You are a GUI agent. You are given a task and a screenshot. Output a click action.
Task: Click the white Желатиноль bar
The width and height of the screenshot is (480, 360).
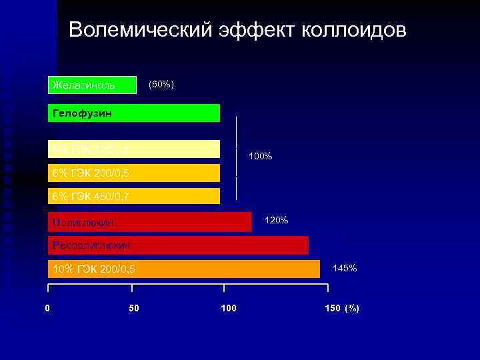[x=91, y=85]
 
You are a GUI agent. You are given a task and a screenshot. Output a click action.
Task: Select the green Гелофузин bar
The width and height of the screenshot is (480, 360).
[x=134, y=113]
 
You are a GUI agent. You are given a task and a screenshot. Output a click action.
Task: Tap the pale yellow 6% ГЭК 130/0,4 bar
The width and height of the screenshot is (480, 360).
[x=134, y=149]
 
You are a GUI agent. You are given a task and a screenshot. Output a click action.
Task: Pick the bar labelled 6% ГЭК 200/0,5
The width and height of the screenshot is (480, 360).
[x=134, y=173]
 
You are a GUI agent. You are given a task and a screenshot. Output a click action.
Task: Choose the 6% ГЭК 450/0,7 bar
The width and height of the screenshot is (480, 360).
[x=134, y=196]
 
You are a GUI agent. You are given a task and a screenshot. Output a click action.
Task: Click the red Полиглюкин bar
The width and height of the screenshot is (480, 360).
[x=150, y=221]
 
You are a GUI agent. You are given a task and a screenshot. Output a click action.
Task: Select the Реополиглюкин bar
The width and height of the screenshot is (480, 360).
[x=179, y=245]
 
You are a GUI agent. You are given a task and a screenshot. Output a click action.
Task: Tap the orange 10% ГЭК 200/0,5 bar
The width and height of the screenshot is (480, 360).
[x=184, y=269]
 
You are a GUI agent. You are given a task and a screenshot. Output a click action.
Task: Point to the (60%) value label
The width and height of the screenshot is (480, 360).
[x=161, y=85]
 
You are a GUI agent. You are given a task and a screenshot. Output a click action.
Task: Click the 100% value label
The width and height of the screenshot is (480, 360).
[x=260, y=156]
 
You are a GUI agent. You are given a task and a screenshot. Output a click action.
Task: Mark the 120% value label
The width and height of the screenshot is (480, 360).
[x=277, y=220]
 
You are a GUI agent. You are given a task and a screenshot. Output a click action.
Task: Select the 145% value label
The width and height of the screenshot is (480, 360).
[x=345, y=268]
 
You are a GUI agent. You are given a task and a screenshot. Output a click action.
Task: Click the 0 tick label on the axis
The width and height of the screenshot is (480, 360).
[x=47, y=308]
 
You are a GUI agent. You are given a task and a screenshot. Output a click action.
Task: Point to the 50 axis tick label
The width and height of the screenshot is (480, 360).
[x=134, y=308]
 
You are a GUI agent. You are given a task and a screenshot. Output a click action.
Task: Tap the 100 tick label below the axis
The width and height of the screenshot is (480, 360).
[x=228, y=308]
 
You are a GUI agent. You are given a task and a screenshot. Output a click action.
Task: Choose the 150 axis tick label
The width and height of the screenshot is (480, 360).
[x=331, y=308]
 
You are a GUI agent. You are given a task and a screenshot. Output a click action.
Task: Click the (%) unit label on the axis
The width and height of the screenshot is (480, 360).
[x=352, y=308]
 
